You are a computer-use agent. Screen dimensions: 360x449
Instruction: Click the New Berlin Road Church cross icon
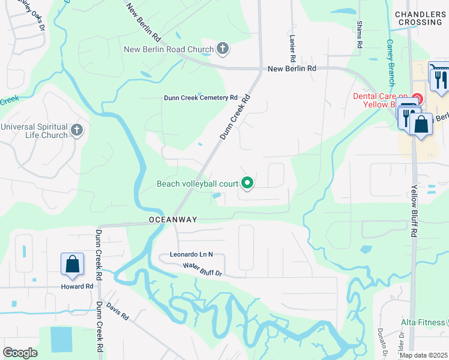pyautogui.click(x=223, y=49)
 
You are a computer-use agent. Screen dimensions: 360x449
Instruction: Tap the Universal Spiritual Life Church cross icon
pyautogui.click(x=76, y=130)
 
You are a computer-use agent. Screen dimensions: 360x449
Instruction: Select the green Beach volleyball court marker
pyautogui.click(x=247, y=183)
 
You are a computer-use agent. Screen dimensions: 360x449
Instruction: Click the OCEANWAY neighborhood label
pyautogui.click(x=173, y=220)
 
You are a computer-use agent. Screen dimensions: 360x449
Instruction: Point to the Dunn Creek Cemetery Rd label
pyautogui.click(x=201, y=98)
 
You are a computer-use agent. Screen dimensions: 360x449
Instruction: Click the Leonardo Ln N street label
pyautogui.click(x=190, y=254)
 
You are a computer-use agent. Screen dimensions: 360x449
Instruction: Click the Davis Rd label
pyautogui.click(x=118, y=310)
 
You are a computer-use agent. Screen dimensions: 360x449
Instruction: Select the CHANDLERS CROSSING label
pyautogui.click(x=419, y=18)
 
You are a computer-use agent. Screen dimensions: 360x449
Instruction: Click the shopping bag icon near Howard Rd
pyautogui.click(x=72, y=263)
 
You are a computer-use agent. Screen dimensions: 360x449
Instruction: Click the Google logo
pyautogui.click(x=20, y=353)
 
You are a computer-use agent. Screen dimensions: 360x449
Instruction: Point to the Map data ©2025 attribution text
pyautogui.click(x=423, y=355)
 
